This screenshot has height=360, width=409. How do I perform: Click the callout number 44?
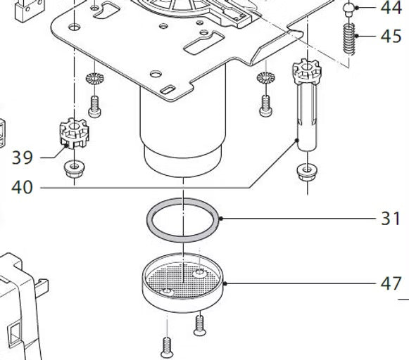[x=391, y=8]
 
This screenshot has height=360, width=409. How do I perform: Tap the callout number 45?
[x=391, y=36]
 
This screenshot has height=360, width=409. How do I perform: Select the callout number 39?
[x=23, y=157]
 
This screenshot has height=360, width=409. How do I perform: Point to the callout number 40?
[x=22, y=187]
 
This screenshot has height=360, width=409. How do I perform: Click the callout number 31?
[x=391, y=219]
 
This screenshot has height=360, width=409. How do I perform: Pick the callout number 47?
[x=391, y=283]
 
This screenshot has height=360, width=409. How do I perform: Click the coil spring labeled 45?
[x=349, y=39]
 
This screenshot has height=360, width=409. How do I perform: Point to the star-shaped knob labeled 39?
[x=75, y=133]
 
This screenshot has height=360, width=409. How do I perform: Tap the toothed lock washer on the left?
[x=95, y=78]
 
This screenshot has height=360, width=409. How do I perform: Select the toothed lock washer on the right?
[x=266, y=77]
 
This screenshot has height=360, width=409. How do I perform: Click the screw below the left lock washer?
[x=95, y=107]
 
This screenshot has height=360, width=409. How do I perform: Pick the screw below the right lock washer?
[x=266, y=106]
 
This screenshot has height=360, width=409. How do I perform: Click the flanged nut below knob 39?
[x=75, y=169]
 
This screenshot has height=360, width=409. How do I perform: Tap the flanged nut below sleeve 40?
[x=307, y=172]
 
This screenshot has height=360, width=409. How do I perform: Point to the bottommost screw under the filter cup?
[x=167, y=347]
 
